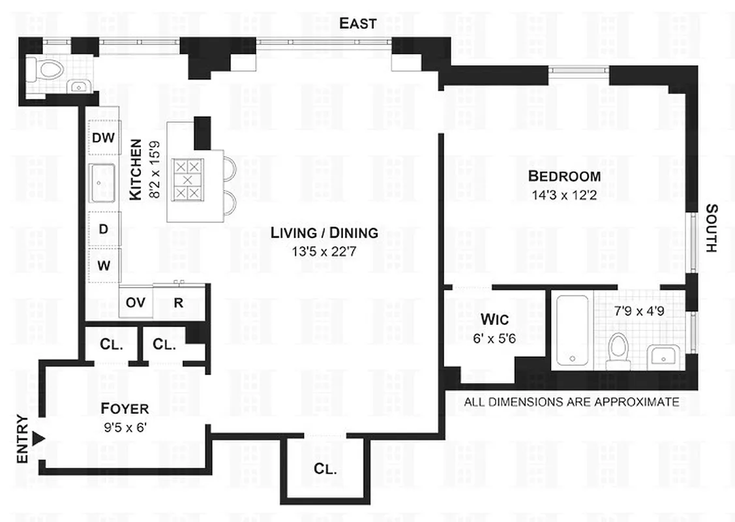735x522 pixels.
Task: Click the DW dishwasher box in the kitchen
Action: (103, 138)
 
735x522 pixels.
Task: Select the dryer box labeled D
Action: (103, 229)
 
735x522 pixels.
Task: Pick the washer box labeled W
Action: (103, 266)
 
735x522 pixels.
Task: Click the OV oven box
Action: (135, 302)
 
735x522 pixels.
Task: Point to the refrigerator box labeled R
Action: (177, 302)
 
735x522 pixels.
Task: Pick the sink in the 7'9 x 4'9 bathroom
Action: (662, 356)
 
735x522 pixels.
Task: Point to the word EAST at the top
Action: (358, 23)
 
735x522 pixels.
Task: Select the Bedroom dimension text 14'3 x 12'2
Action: (564, 194)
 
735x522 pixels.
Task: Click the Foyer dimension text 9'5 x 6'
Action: (125, 429)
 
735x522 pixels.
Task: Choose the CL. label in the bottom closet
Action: (325, 468)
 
